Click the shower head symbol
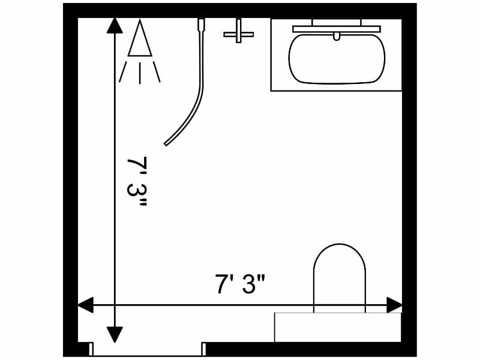click(x=140, y=41)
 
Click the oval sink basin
click(x=336, y=58)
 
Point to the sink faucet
click(x=337, y=36)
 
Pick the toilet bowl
click(x=339, y=276)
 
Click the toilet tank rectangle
click(x=338, y=328)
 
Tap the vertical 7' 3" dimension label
click(x=137, y=182)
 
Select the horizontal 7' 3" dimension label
click(x=240, y=284)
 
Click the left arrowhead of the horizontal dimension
click(x=86, y=305)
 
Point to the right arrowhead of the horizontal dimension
click(x=395, y=305)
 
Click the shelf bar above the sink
click(x=336, y=28)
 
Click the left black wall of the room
click(x=70, y=180)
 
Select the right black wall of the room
click(x=409, y=180)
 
